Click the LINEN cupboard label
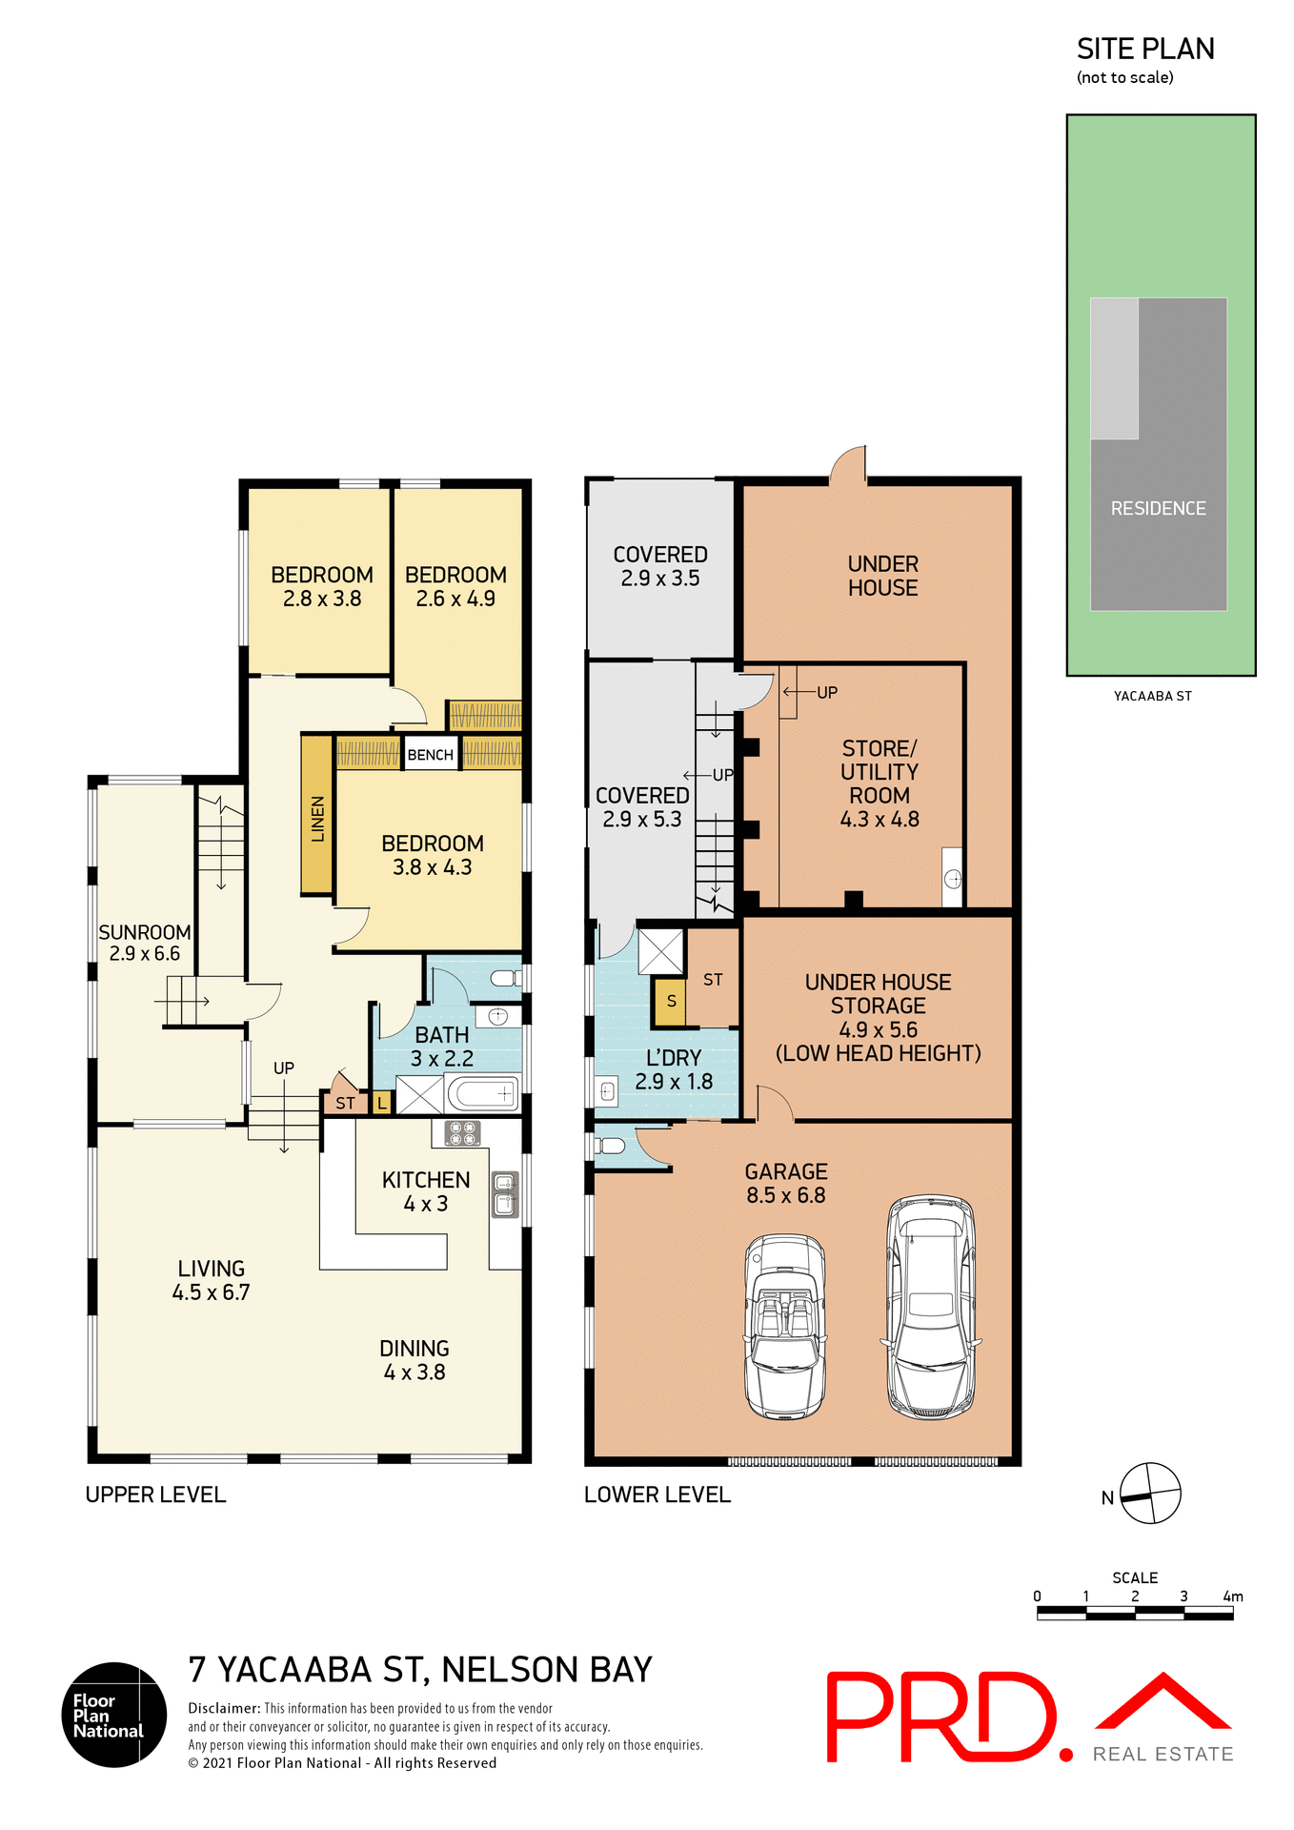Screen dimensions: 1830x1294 (x=317, y=817)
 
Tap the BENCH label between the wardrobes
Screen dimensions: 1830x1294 (x=430, y=755)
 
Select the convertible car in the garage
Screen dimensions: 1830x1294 (x=785, y=1326)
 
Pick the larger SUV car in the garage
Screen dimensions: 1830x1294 (x=931, y=1306)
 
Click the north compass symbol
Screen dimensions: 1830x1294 (x=1149, y=1494)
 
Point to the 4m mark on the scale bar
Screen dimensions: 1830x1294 (x=1232, y=1596)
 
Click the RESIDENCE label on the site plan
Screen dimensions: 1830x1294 (x=1158, y=509)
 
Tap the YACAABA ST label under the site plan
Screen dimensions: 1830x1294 (x=1152, y=696)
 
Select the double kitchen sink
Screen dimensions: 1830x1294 (x=505, y=1194)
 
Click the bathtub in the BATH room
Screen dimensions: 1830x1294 (x=483, y=1093)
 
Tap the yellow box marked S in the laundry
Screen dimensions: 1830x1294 (x=670, y=1002)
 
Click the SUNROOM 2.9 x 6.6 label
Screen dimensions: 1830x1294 (x=144, y=943)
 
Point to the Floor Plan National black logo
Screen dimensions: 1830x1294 (x=114, y=1715)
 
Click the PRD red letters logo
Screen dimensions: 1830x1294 (x=941, y=1717)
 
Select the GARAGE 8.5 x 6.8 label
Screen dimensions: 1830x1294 (x=786, y=1183)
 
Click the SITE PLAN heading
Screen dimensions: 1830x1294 (x=1145, y=49)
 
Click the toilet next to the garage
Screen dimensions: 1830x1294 (x=610, y=1146)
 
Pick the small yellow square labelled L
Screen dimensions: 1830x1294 (x=381, y=1104)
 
